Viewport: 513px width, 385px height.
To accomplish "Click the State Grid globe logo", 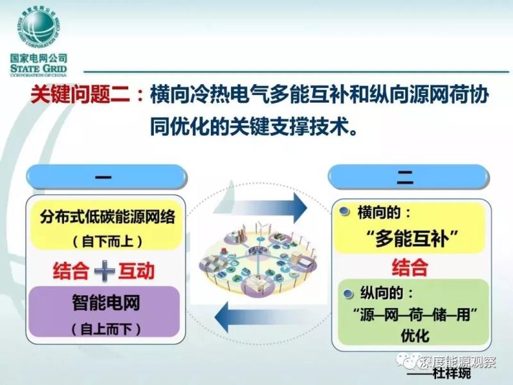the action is tap(38, 28).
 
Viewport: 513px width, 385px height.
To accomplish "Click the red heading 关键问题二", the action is tap(81, 95).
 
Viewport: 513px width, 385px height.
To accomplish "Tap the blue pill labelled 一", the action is tap(106, 177).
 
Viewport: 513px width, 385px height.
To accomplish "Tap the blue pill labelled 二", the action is tap(408, 177).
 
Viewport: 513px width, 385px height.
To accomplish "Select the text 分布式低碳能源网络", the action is tap(108, 217).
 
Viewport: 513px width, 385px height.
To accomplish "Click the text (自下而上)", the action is tap(108, 242).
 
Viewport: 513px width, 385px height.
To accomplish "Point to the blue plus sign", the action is tap(105, 271).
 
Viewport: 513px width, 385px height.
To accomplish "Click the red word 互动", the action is tap(137, 271).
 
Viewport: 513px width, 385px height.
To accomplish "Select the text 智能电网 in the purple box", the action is tap(106, 302).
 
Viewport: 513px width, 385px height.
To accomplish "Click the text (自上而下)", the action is tap(106, 329).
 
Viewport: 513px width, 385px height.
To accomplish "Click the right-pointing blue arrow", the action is tap(260, 208).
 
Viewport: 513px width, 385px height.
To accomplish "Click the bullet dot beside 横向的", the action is tap(344, 212).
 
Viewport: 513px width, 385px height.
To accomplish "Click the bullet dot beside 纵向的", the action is tap(348, 293).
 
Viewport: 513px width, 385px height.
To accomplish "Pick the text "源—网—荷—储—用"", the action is tap(415, 315).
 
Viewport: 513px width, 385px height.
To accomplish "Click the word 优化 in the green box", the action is tap(415, 336).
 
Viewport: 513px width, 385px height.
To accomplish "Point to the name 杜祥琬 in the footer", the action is tap(451, 373).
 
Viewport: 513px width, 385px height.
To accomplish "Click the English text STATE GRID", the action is tap(38, 69).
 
